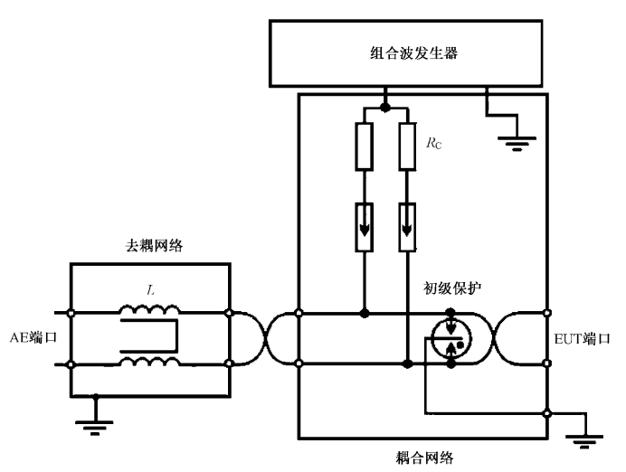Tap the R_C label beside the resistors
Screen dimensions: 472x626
click(437, 143)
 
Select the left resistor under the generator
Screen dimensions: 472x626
click(364, 147)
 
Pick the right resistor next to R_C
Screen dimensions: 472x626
click(407, 147)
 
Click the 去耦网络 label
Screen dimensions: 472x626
click(154, 245)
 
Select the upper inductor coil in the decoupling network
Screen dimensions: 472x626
click(149, 310)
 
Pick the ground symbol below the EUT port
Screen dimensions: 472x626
click(583, 441)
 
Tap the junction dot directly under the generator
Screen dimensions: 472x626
click(386, 107)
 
